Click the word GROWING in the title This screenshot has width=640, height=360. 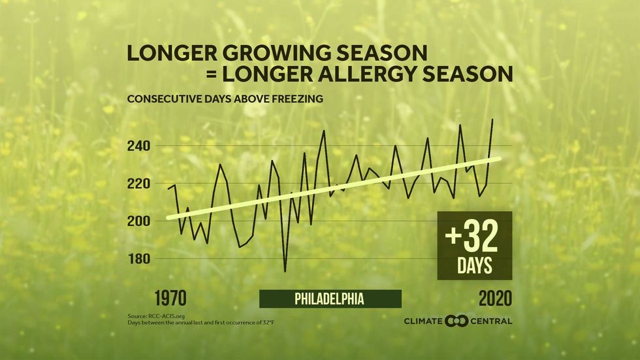point(261,52)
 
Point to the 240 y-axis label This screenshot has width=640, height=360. point(140,146)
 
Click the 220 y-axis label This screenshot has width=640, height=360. point(140,184)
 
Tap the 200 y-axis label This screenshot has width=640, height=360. point(140,221)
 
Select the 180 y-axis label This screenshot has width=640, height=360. point(140,259)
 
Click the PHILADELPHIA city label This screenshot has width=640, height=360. point(329,299)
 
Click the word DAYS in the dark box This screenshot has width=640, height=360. point(475,267)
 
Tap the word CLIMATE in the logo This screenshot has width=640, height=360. point(424,321)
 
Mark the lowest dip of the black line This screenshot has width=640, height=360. point(285,271)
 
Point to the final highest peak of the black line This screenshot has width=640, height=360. point(492,119)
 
